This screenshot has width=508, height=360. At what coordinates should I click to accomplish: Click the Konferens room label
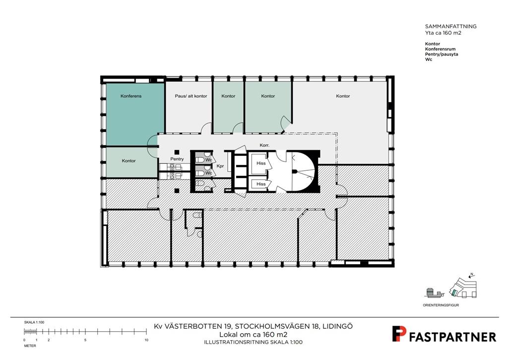tap(131, 96)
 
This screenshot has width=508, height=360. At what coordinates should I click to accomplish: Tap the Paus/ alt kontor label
tap(191, 96)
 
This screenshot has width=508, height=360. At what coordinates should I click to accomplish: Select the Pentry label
tap(177, 159)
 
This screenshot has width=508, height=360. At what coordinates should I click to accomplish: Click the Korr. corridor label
tap(264, 145)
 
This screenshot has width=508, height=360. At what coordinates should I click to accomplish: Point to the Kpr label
tap(220, 166)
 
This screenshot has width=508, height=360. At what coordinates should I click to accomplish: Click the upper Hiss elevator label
tap(261, 163)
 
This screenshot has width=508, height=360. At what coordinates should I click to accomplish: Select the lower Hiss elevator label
tap(261, 184)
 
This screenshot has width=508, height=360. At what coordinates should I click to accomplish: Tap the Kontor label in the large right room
tap(343, 96)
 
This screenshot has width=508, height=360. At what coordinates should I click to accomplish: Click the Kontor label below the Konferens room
tap(128, 161)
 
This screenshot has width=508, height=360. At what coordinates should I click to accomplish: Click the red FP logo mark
tap(399, 334)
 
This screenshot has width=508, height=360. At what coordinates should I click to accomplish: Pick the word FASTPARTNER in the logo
tap(452, 337)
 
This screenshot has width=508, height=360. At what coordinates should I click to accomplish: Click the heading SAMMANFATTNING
tap(450, 27)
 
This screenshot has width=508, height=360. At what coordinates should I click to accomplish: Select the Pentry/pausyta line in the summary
tap(442, 54)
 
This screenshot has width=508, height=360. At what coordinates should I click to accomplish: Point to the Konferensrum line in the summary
tap(441, 49)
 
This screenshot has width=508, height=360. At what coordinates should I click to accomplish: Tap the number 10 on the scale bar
tap(146, 340)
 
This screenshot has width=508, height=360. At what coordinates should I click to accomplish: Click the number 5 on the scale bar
tap(85, 340)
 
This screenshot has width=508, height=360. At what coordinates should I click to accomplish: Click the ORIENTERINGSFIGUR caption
tap(441, 305)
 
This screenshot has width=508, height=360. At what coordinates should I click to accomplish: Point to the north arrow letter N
tap(472, 275)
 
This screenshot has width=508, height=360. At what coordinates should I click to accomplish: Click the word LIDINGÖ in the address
tap(338, 326)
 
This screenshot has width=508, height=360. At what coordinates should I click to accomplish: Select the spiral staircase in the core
tap(302, 171)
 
